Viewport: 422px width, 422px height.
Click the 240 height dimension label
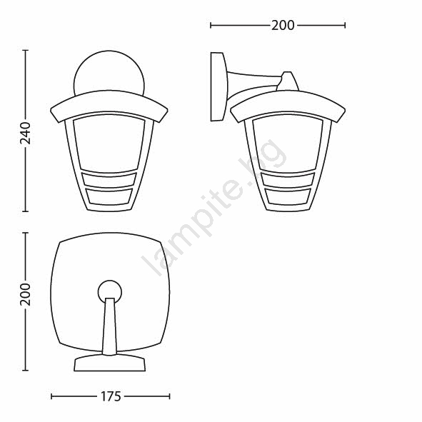tap(26, 134)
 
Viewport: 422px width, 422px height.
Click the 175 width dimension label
tap(111, 396)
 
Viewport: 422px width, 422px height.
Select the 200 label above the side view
tap(283, 26)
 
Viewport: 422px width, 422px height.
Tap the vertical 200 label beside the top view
tap(26, 294)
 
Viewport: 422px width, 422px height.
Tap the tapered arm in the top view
tap(109, 326)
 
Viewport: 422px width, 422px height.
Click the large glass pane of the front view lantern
tap(109, 144)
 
